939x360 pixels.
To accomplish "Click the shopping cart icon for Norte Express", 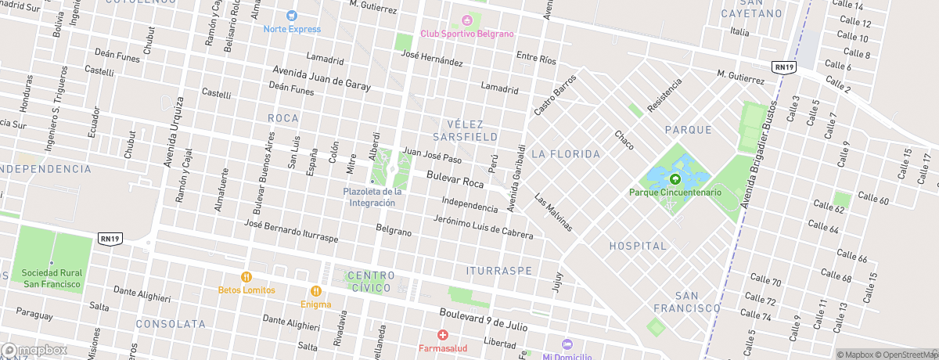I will (x=292, y=16).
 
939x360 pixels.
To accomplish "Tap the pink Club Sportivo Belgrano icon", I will (x=467, y=20).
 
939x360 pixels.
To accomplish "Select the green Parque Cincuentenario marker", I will (x=675, y=179).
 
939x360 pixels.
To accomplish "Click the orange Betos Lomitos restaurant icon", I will (x=246, y=276).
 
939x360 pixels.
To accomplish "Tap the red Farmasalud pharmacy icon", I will (x=442, y=335).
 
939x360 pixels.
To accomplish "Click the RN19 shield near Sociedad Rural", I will (x=110, y=238).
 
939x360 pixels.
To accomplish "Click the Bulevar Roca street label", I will (x=455, y=182).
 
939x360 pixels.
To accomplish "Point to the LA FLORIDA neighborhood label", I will (x=565, y=154).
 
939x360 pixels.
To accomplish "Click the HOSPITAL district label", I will (x=639, y=246).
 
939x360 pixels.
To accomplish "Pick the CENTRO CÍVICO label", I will (x=369, y=282).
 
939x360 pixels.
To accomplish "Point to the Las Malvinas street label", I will (x=554, y=212).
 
